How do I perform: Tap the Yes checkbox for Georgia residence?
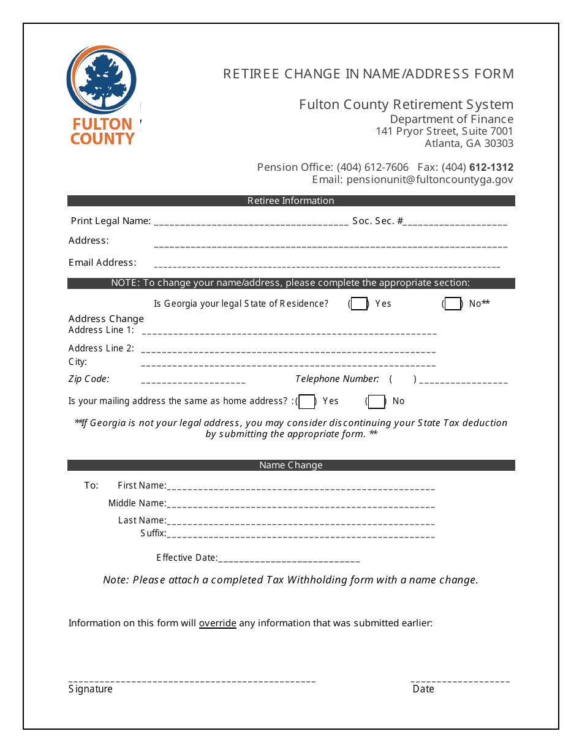[x=359, y=304]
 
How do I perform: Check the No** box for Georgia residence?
[x=453, y=304]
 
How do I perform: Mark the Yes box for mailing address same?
[x=307, y=402]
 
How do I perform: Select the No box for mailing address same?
[x=377, y=402]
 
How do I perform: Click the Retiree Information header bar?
[x=291, y=201]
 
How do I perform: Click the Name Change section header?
[x=291, y=465]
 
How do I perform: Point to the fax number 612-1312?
[x=491, y=167]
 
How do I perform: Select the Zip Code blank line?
[x=193, y=382]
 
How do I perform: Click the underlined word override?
[x=217, y=623]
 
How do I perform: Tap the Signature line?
[x=192, y=681]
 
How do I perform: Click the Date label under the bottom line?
[x=423, y=689]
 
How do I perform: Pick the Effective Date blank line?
[x=289, y=560]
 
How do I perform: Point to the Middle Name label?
[x=137, y=503]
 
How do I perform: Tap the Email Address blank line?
[x=327, y=266]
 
